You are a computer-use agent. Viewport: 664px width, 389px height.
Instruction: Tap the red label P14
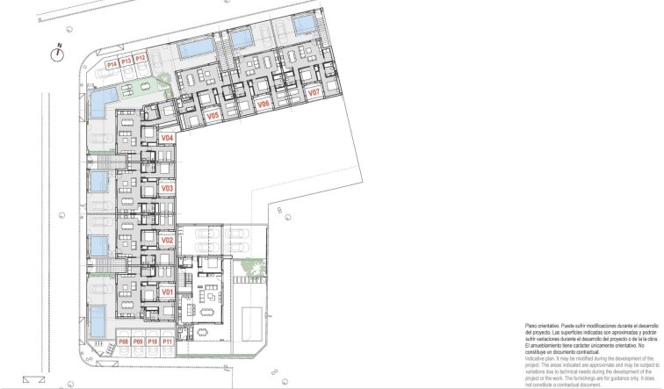[112, 64]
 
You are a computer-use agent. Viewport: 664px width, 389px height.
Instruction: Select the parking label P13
[126, 61]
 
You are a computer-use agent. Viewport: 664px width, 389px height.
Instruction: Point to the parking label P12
[141, 59]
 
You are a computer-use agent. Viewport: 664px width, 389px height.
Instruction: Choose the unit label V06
[263, 104]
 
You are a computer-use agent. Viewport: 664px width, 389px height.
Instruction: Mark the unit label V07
[313, 91]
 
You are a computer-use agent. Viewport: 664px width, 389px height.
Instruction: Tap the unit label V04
[168, 138]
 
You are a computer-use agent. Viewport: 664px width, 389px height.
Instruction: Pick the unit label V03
[168, 188]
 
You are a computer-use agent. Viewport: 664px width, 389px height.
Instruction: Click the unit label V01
[168, 291]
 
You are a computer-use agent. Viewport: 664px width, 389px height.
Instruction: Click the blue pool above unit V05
[194, 49]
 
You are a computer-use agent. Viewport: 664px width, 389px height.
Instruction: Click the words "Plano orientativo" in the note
[543, 324]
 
